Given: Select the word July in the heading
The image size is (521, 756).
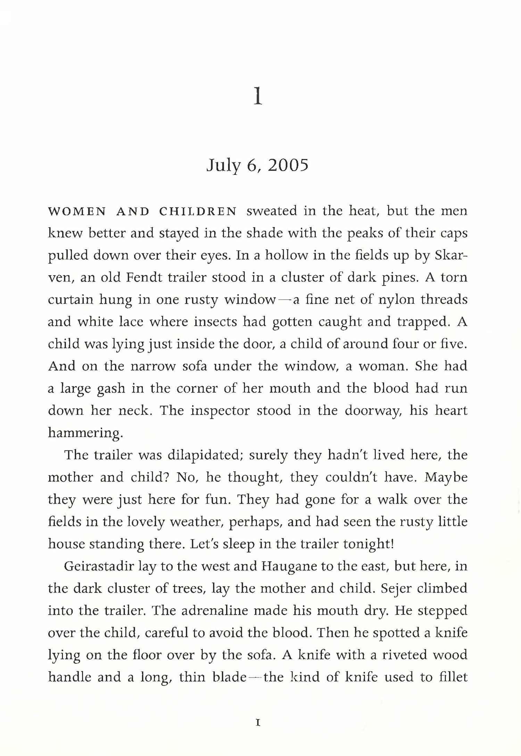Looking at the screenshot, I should coord(221,166).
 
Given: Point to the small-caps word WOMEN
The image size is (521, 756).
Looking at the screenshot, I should coord(77,211).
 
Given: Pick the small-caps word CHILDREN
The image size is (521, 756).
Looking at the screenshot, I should coord(198,211).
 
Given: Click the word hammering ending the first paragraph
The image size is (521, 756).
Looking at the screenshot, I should coord(84,433).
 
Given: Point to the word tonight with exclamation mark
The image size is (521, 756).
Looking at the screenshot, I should coord(368,544).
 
